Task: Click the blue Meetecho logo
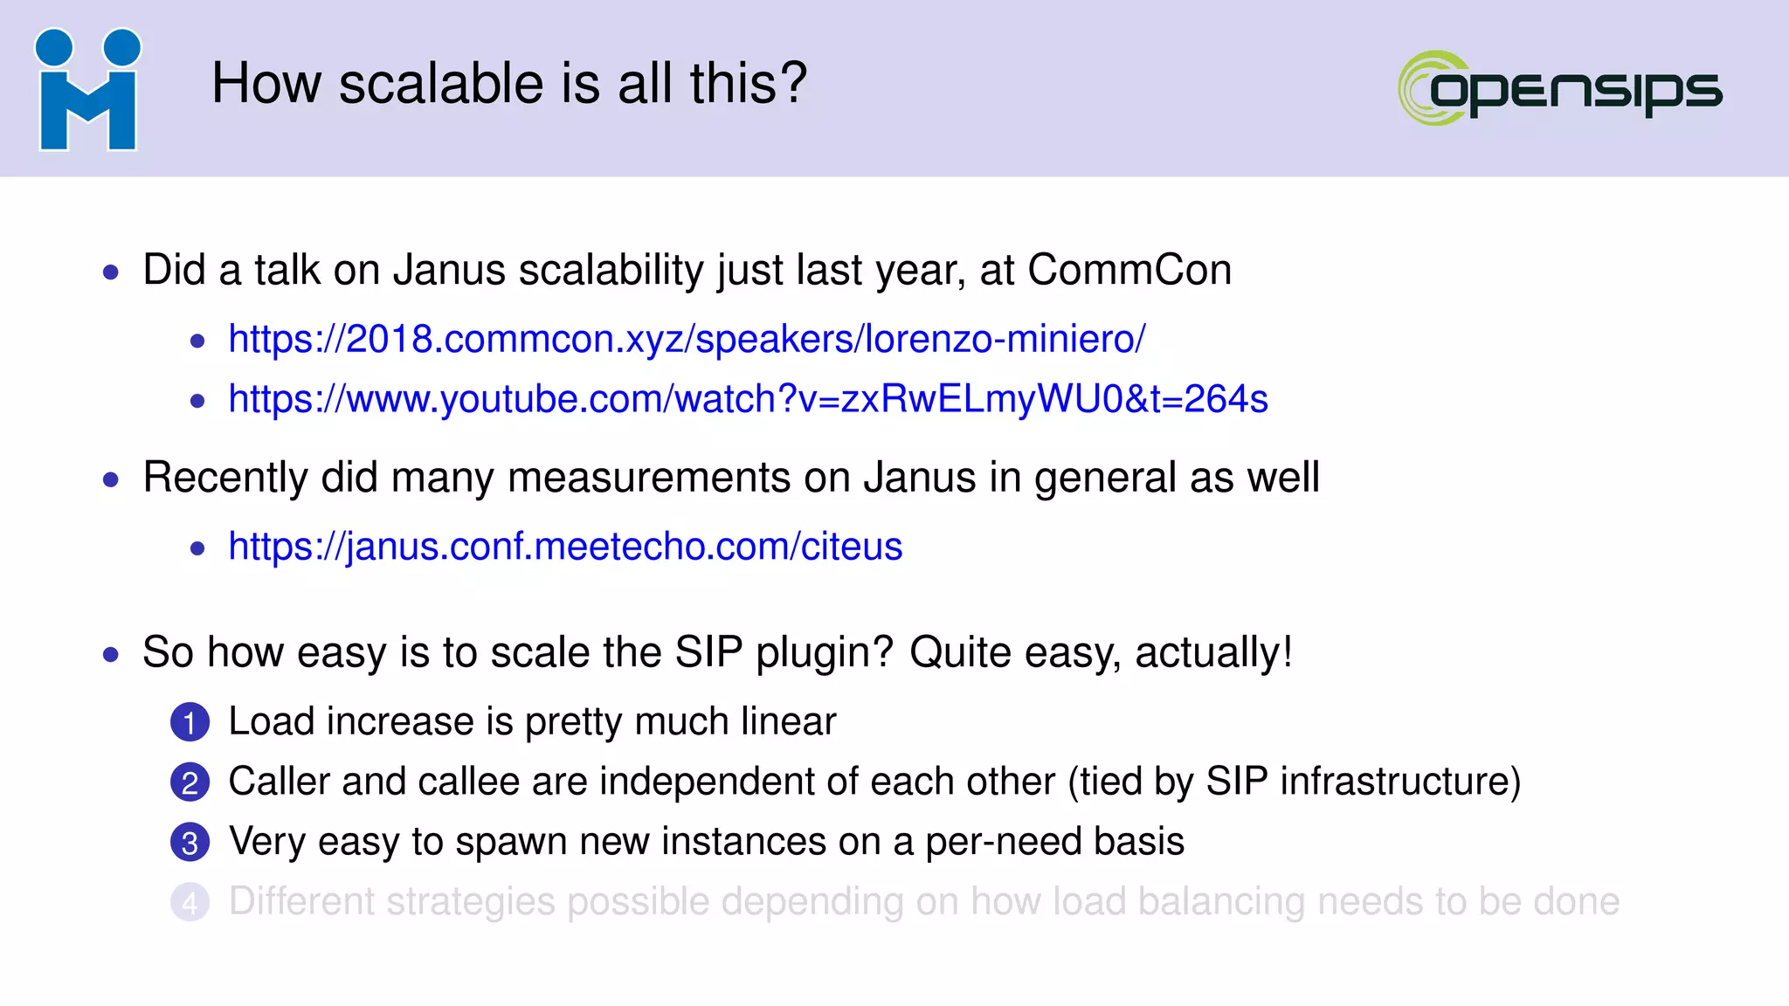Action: pos(87,90)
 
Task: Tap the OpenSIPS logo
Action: pos(1560,88)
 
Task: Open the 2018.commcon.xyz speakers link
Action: pos(687,339)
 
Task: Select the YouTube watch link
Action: pos(748,399)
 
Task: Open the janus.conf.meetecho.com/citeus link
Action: pos(565,547)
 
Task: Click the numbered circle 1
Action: pos(190,722)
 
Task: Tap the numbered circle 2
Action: pos(190,782)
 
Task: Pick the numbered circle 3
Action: pos(190,843)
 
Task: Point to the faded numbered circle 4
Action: pos(190,902)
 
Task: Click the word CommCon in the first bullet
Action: pos(1129,270)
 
